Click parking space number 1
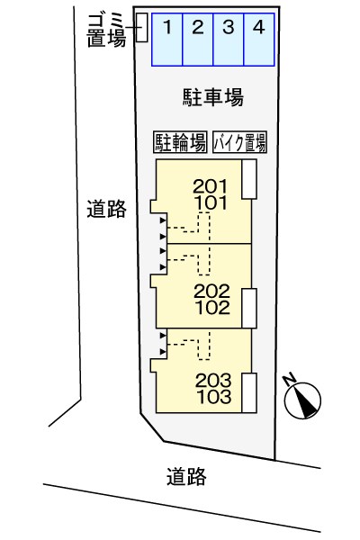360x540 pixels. pyautogui.click(x=167, y=40)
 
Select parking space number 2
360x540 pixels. pyautogui.click(x=198, y=40)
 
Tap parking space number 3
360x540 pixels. pyautogui.click(x=229, y=40)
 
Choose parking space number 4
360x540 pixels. pyautogui.click(x=259, y=40)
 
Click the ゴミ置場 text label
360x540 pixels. pyautogui.click(x=106, y=31)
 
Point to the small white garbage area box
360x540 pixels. pyautogui.click(x=141, y=28)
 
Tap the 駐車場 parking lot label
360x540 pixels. pyautogui.click(x=213, y=97)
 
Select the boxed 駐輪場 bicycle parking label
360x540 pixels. pyautogui.click(x=180, y=142)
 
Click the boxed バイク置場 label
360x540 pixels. pyautogui.click(x=239, y=142)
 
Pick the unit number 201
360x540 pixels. pyautogui.click(x=211, y=186)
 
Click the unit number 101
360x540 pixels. pyautogui.click(x=211, y=202)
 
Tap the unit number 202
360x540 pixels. pyautogui.click(x=211, y=292)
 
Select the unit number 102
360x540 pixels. pyautogui.click(x=212, y=308)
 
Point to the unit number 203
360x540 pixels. pyautogui.click(x=213, y=381)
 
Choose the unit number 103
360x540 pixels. pyautogui.click(x=214, y=397)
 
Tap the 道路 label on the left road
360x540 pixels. pyautogui.click(x=106, y=209)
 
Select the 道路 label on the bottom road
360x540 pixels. pyautogui.click(x=186, y=476)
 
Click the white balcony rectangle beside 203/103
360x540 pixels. pyautogui.click(x=249, y=393)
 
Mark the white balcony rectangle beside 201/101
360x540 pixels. pyautogui.click(x=249, y=179)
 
